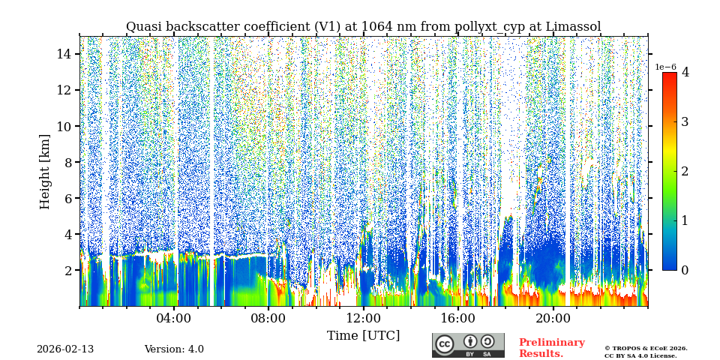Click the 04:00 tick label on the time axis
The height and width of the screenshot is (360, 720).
(x=174, y=318)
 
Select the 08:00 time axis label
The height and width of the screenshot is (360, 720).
(x=268, y=318)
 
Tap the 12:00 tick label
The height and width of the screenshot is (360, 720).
(x=364, y=318)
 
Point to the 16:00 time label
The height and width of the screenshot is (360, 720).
(x=458, y=318)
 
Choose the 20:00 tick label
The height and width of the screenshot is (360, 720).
(x=553, y=318)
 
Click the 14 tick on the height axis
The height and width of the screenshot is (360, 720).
(x=64, y=54)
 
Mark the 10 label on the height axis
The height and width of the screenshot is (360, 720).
(x=64, y=126)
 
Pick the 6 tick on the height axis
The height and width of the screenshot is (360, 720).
(x=67, y=198)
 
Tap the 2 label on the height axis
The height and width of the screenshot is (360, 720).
(x=67, y=270)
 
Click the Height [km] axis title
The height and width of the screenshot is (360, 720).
(x=45, y=171)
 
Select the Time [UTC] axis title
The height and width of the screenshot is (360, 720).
(x=363, y=335)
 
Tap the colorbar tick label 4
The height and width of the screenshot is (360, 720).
(x=685, y=73)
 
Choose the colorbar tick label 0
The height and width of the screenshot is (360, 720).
(x=685, y=270)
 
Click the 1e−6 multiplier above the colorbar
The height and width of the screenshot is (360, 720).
(x=666, y=67)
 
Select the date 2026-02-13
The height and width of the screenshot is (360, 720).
(x=65, y=349)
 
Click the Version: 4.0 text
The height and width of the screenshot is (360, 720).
(x=174, y=349)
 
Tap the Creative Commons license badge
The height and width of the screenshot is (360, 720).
(x=468, y=345)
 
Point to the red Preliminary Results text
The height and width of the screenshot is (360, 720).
(x=551, y=348)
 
